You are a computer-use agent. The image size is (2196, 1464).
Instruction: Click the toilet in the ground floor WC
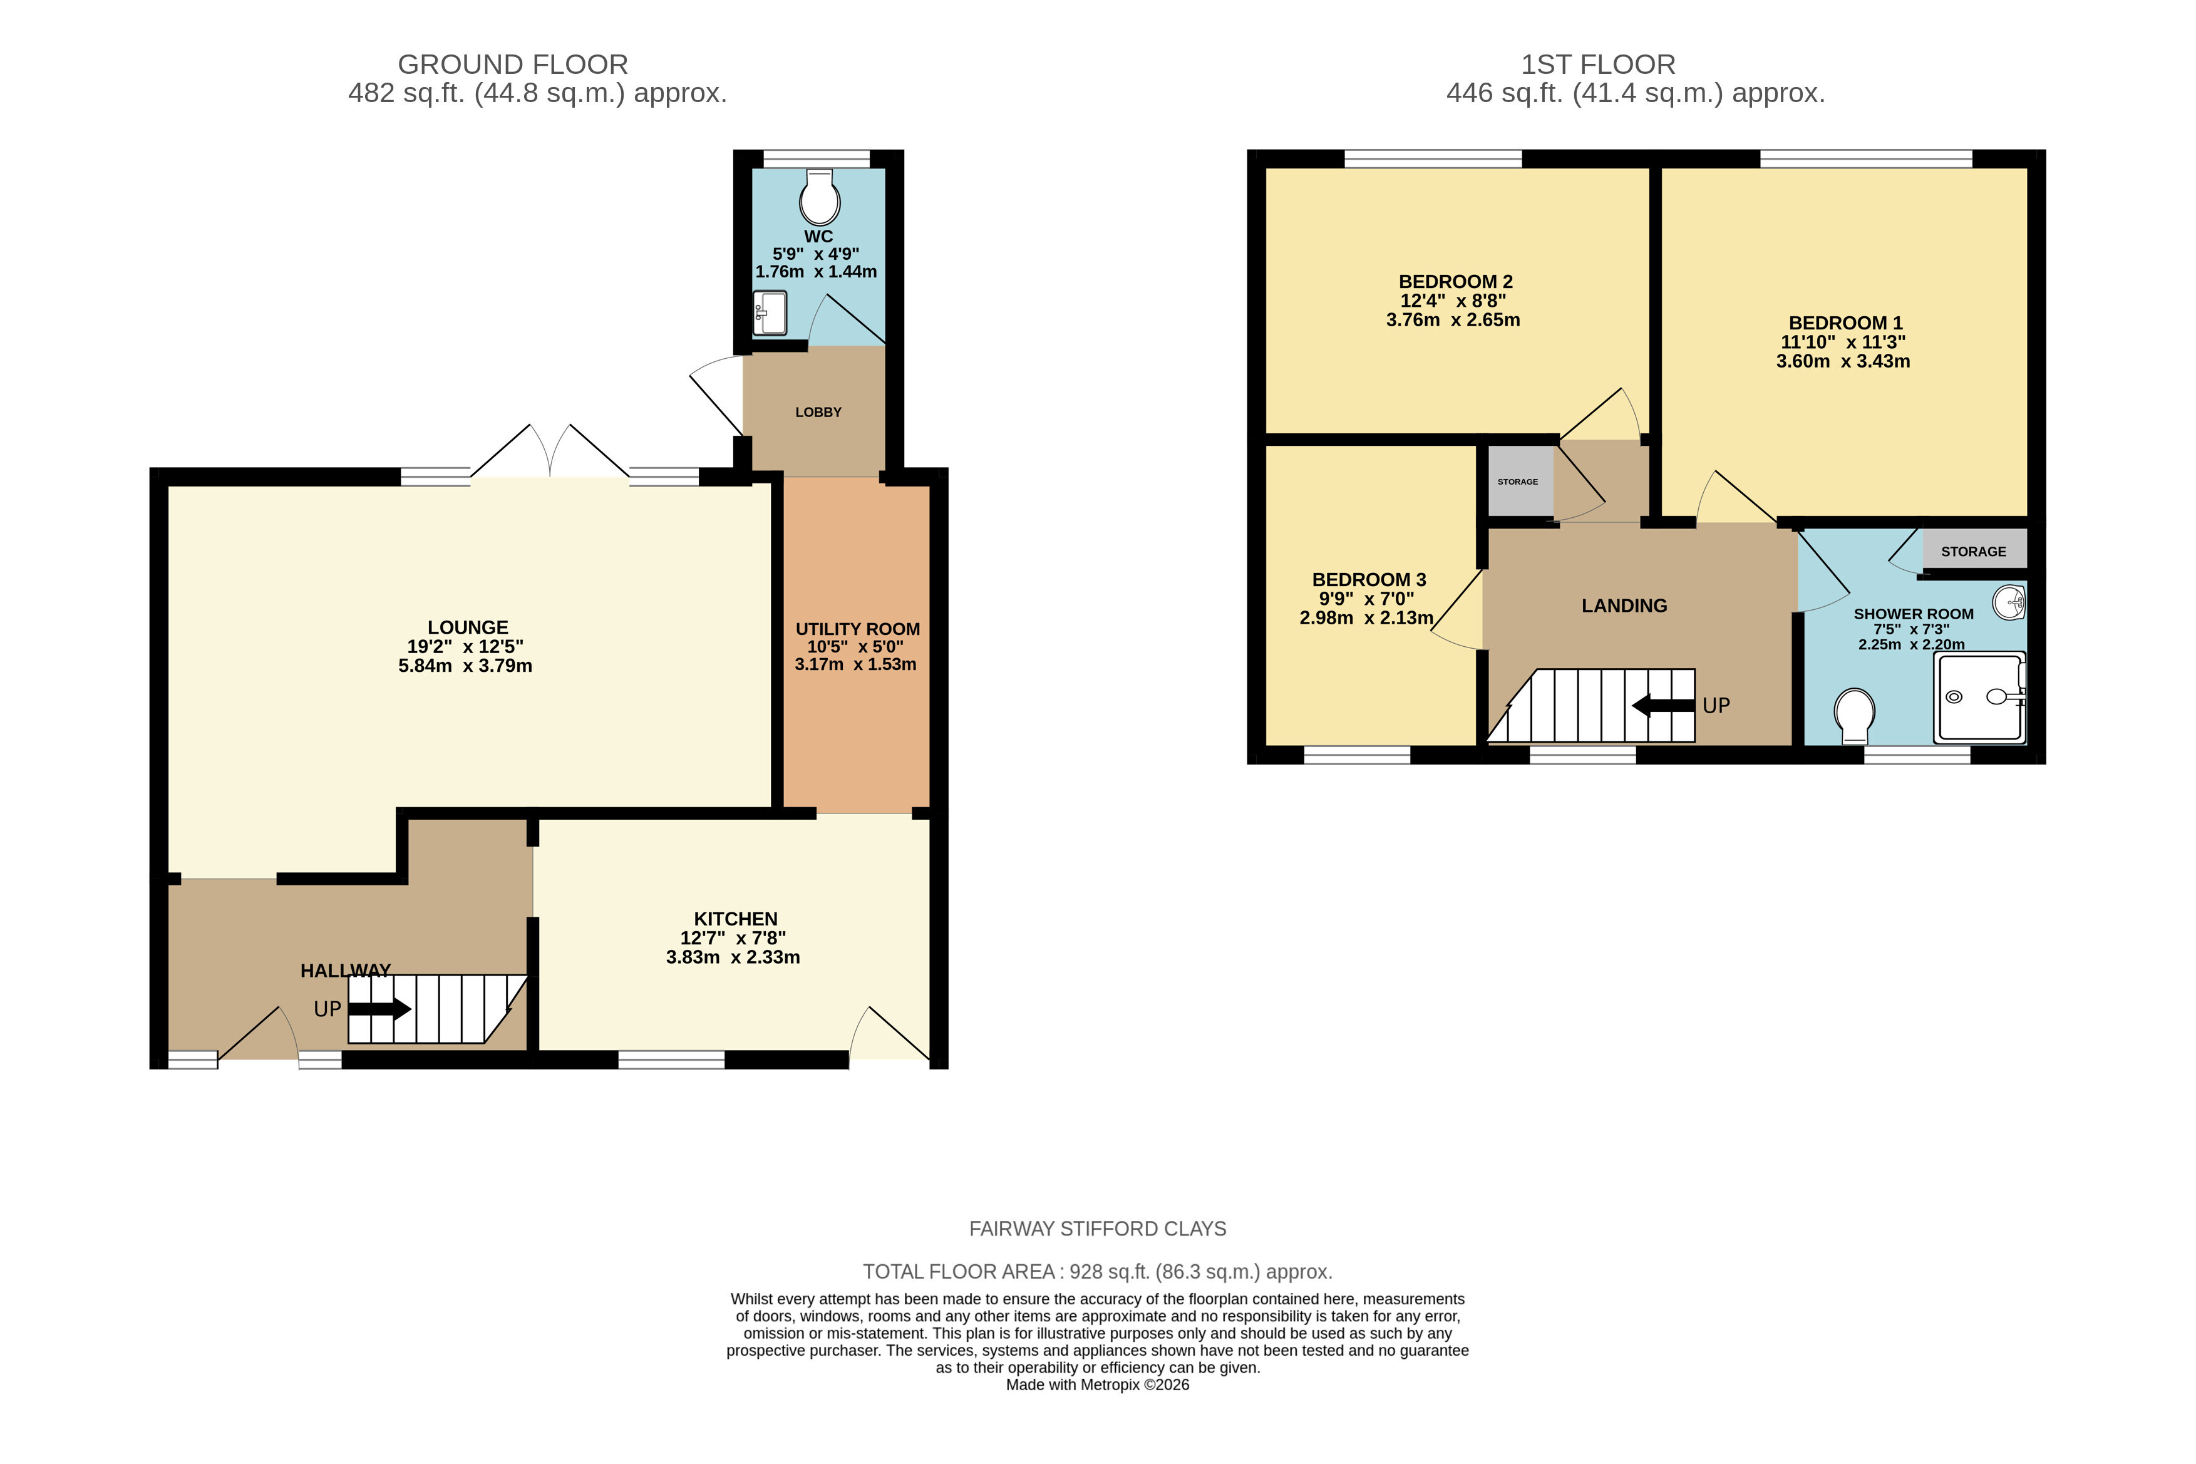pyautogui.click(x=820, y=197)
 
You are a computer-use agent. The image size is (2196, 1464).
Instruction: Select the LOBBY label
pyautogui.click(x=818, y=412)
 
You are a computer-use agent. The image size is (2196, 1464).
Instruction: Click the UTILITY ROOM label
pyautogui.click(x=857, y=629)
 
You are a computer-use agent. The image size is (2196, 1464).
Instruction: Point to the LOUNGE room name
pyautogui.click(x=468, y=627)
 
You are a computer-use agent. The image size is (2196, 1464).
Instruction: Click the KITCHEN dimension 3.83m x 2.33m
pyautogui.click(x=733, y=957)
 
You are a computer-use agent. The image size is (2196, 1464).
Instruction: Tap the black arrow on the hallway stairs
pyautogui.click(x=379, y=1008)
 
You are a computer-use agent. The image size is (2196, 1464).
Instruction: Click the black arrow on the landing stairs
pyautogui.click(x=1663, y=706)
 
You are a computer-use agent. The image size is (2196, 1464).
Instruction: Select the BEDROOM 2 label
pyautogui.click(x=1456, y=281)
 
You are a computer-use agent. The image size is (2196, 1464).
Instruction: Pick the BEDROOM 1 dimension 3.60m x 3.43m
pyautogui.click(x=1843, y=361)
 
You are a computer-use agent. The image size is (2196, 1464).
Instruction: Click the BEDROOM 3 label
pyautogui.click(x=1369, y=580)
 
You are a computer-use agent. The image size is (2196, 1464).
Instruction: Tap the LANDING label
pyautogui.click(x=1624, y=606)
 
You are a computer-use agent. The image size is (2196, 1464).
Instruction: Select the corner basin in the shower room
pyautogui.click(x=2009, y=602)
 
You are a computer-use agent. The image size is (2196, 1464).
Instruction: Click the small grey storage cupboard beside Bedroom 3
pyautogui.click(x=1520, y=482)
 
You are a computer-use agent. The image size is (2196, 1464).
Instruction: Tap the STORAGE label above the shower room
pyautogui.click(x=1974, y=552)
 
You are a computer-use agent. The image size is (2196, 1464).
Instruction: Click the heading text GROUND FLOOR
pyautogui.click(x=513, y=64)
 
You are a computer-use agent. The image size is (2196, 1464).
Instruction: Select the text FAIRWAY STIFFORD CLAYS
pyautogui.click(x=1098, y=1229)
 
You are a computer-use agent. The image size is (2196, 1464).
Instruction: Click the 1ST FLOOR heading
pyautogui.click(x=1599, y=64)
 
